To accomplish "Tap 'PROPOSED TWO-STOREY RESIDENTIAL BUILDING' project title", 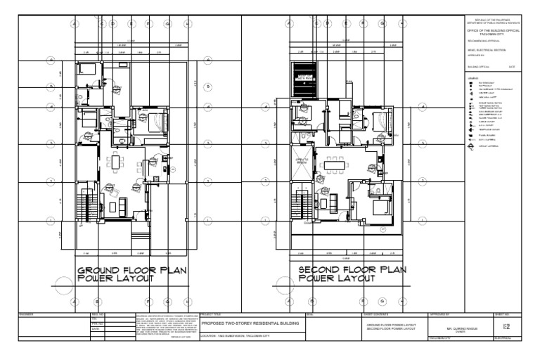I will [250, 323].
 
